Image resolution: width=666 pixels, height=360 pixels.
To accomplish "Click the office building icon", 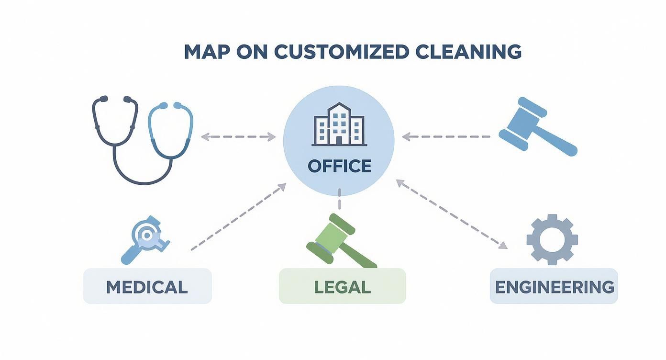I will click(338, 124).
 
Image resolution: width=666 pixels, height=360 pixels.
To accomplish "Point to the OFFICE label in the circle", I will click(339, 166).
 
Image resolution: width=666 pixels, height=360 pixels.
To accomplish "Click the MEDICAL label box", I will click(147, 286).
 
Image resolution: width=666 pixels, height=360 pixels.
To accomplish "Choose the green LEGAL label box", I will click(342, 286).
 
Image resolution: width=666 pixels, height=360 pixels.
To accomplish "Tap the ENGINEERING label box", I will click(554, 286).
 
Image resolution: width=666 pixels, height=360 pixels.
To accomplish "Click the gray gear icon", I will click(552, 239).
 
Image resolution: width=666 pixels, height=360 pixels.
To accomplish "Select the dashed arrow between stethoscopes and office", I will click(238, 137).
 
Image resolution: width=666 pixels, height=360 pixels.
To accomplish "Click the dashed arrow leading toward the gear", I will click(452, 214).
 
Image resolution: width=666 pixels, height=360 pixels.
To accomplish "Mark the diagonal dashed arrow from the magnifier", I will click(239, 216).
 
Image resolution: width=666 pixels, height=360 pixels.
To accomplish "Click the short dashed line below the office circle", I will click(339, 199).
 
